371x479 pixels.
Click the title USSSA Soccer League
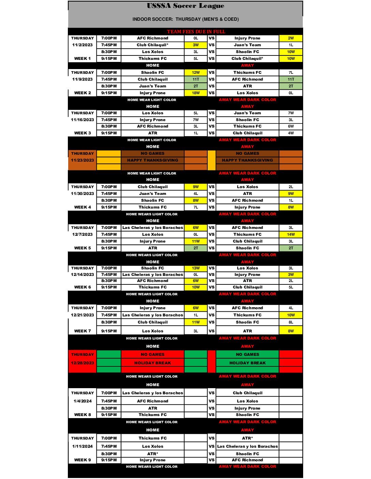click(185, 6)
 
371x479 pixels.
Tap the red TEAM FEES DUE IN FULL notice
click(196, 32)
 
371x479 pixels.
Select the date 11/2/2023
click(83, 45)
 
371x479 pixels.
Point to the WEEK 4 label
click(83, 207)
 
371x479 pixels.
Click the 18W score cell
click(196, 93)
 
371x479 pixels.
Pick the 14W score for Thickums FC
click(291, 234)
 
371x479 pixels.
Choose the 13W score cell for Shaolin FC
click(196, 268)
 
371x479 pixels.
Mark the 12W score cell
click(196, 72)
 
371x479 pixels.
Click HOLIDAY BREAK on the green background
click(248, 363)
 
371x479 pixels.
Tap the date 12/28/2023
click(83, 363)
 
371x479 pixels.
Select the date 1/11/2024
click(83, 446)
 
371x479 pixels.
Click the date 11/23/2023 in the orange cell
click(83, 160)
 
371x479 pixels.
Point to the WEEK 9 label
click(83, 460)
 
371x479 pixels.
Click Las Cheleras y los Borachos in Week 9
click(248, 446)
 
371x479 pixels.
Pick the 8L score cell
click(291, 322)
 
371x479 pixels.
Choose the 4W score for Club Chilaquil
click(291, 133)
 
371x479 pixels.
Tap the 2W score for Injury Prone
click(291, 38)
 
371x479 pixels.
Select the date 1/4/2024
click(83, 401)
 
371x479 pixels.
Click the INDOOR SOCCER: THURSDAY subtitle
click(185, 19)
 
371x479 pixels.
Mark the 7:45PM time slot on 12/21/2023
click(109, 315)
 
